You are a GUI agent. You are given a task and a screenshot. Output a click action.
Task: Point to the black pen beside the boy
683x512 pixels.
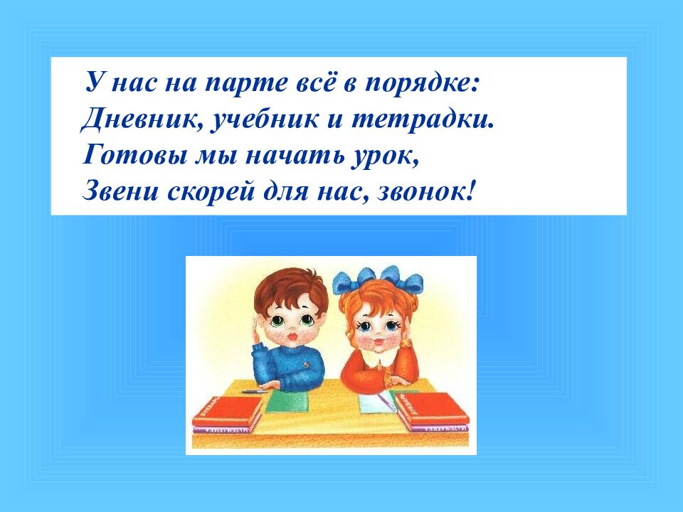pos(255,391)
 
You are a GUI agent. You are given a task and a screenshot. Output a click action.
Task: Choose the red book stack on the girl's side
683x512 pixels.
pos(431,412)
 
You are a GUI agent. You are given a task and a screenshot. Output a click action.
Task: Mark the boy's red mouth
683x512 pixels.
pos(293,337)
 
